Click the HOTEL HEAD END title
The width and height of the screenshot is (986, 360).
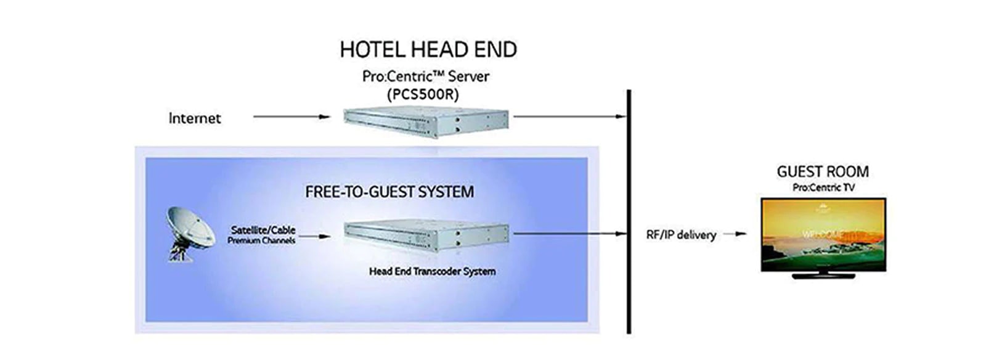(428, 50)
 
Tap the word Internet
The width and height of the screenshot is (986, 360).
(194, 118)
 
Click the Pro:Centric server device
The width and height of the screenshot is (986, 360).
(426, 122)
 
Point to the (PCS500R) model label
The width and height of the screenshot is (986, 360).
(423, 95)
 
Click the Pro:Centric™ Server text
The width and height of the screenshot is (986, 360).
(425, 77)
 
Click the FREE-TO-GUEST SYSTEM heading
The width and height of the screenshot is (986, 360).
(389, 192)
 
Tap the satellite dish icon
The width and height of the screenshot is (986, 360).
(188, 233)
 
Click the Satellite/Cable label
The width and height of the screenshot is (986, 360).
(263, 229)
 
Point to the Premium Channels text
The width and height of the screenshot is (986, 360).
(261, 240)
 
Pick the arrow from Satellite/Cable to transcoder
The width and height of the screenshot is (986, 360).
(314, 235)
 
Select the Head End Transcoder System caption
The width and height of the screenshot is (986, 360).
(432, 271)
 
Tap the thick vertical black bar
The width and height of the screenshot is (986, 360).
(629, 210)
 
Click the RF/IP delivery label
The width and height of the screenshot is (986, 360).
(680, 235)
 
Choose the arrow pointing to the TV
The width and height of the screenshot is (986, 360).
(734, 234)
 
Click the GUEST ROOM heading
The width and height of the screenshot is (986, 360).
(823, 172)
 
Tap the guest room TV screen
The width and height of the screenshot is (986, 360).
(823, 234)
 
